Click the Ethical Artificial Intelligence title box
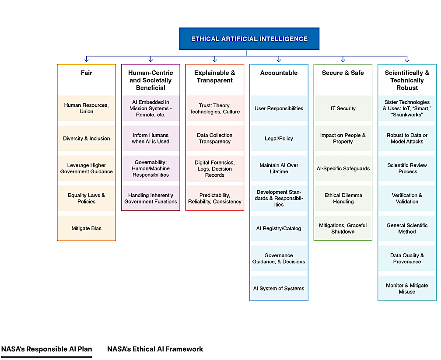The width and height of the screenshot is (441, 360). pos(249,39)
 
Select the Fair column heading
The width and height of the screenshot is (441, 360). pos(87,73)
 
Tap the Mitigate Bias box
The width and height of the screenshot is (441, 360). pos(87,228)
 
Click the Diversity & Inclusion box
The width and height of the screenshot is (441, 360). pos(87,139)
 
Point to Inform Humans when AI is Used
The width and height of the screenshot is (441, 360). pos(150,139)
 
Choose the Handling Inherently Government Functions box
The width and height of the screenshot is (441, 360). pos(150,199)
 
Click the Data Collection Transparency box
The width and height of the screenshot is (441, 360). pos(214,139)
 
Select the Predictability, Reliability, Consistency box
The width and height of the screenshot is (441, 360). pos(214,199)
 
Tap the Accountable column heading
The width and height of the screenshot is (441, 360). pos(279,73)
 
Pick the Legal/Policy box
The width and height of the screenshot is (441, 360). pos(279,139)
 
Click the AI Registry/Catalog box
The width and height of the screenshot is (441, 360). pos(279,228)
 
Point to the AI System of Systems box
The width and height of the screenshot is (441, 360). pos(279,288)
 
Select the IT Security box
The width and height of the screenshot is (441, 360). pos(343,108)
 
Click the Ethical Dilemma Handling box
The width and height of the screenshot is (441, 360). pos(343,199)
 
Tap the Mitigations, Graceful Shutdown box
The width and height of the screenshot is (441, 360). pos(343,228)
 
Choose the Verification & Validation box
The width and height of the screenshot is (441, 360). pos(407,199)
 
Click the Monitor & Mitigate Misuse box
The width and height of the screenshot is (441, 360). pos(407,288)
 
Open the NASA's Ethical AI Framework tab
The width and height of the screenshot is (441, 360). pos(155,349)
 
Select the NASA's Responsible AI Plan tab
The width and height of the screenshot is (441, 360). pos(46,349)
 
